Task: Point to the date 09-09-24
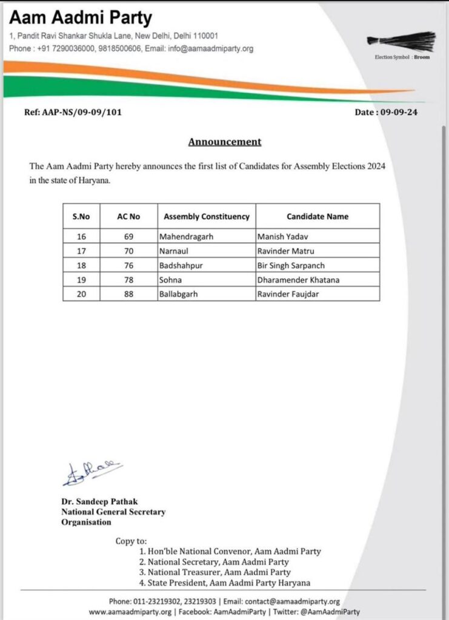click(x=398, y=112)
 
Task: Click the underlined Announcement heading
click(x=224, y=142)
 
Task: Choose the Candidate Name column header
click(x=318, y=216)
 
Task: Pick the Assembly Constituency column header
click(x=207, y=216)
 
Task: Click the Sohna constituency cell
click(x=170, y=279)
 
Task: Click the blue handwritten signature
click(x=91, y=473)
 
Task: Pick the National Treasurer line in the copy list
click(x=215, y=572)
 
